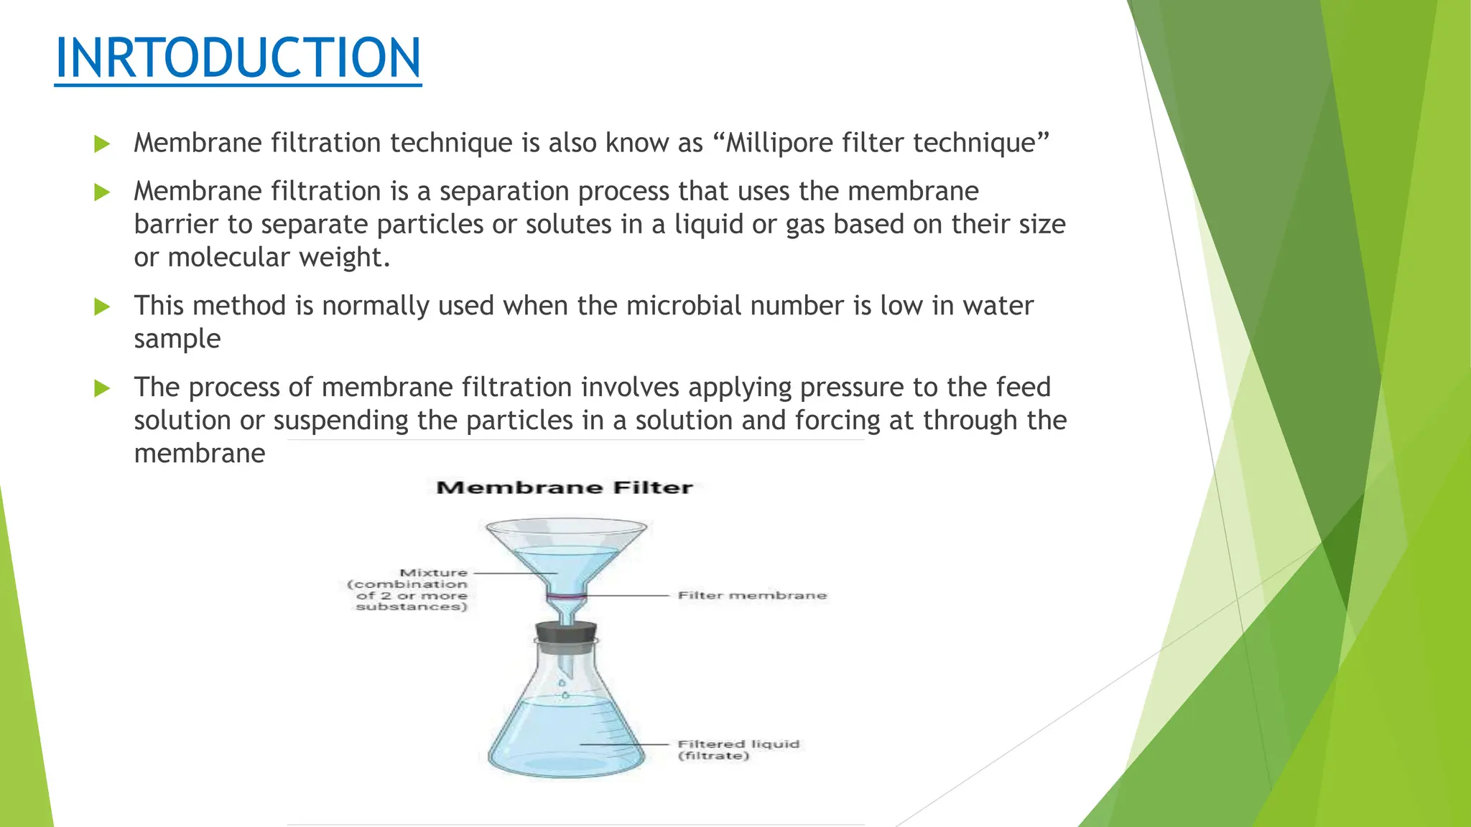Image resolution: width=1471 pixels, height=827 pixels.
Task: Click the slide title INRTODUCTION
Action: pos(238,58)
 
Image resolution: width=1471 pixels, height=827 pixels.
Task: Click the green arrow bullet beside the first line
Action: pos(102,144)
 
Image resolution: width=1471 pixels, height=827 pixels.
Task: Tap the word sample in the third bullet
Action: pos(177,339)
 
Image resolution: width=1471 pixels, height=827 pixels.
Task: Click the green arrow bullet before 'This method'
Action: pos(102,307)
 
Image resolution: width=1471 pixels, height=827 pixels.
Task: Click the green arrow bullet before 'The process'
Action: pos(102,388)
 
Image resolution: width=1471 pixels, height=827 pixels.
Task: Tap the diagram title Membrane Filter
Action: pos(565,488)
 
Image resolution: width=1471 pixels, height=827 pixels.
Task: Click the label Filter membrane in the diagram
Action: pos(752,595)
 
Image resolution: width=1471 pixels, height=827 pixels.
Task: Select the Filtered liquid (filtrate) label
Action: pos(738,749)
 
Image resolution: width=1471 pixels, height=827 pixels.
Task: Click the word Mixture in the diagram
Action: pos(433,573)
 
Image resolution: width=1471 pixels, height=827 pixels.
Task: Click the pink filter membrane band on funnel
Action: pos(566,597)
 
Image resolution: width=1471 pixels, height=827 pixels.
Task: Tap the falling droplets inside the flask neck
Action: pos(564,688)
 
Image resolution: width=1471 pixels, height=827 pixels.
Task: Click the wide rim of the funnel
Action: pos(566,528)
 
